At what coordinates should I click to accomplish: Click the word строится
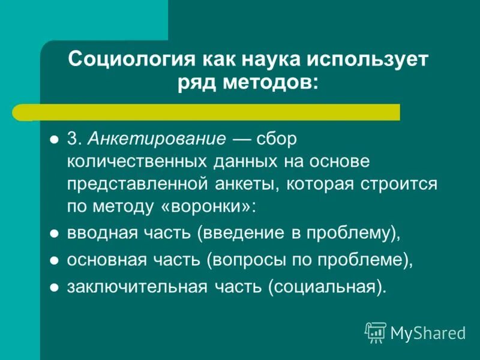[x=407, y=184]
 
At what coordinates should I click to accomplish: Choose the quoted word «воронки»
[x=206, y=206]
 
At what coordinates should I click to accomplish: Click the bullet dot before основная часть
[x=53, y=261]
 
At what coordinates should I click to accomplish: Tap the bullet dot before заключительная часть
[x=53, y=287]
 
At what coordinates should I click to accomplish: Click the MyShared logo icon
[x=376, y=332]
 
